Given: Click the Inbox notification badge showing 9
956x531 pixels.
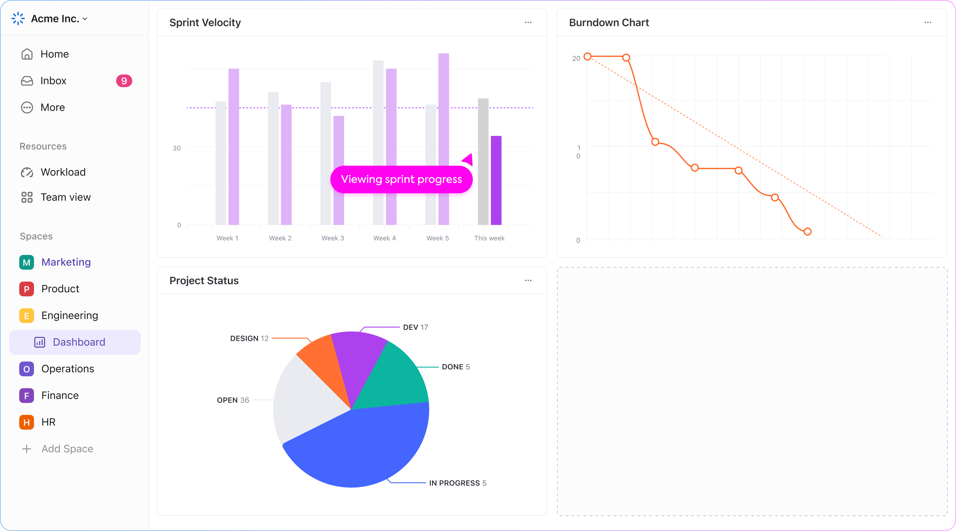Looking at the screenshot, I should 124,81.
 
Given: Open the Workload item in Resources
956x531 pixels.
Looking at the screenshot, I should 63,172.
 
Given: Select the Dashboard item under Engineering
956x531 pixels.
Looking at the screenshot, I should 79,342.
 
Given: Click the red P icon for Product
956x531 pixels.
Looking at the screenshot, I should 26,289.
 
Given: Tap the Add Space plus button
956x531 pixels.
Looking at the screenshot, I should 26,449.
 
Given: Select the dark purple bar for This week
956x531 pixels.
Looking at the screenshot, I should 496,180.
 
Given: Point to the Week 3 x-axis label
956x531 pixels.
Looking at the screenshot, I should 333,238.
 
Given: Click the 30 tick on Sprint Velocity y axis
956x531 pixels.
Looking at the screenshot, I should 176,148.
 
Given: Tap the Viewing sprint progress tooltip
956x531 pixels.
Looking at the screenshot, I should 401,179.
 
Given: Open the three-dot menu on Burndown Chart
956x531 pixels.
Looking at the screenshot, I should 928,22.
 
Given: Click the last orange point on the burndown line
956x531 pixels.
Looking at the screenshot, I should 807,232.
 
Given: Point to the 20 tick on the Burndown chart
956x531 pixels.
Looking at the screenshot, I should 576,58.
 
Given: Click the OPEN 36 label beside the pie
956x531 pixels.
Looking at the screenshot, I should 233,400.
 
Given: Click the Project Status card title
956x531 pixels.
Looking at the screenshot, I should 204,280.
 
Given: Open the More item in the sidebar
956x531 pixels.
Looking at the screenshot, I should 53,107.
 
